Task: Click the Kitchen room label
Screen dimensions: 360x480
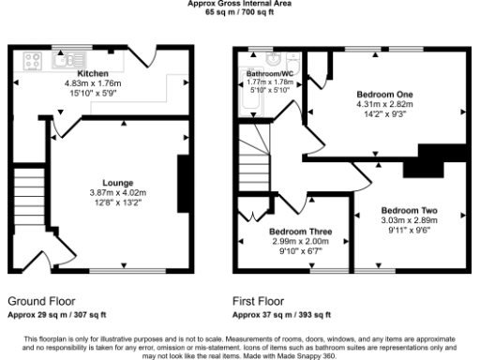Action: tap(93, 73)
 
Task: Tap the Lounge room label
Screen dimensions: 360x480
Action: tap(117, 182)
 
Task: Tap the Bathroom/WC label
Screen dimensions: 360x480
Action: tap(270, 73)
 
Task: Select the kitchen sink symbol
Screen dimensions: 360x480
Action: tap(67, 62)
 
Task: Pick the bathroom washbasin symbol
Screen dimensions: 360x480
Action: tap(274, 56)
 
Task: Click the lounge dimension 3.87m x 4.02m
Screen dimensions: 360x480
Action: tap(117, 192)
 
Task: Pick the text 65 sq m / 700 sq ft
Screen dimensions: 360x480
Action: tap(240, 11)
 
